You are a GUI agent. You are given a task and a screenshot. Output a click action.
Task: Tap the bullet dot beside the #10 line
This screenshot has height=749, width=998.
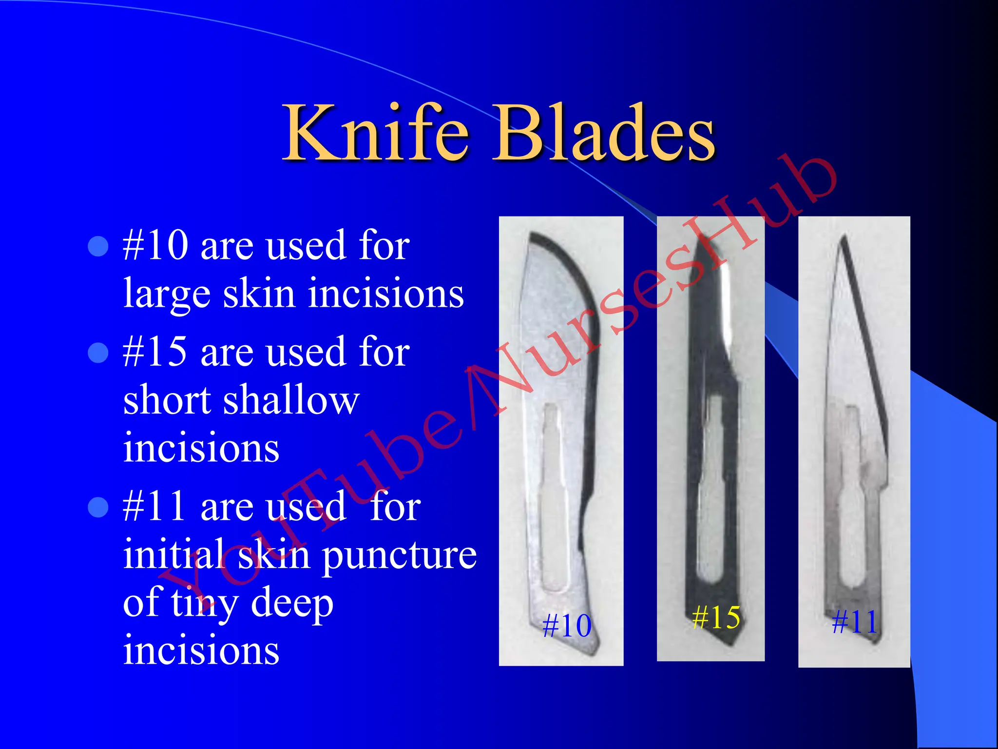tap(98, 247)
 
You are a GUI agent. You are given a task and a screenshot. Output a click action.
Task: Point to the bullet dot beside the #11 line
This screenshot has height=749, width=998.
tap(98, 507)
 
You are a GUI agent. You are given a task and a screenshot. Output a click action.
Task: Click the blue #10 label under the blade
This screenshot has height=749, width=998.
tap(567, 626)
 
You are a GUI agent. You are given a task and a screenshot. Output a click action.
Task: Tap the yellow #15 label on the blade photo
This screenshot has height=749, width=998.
tap(716, 617)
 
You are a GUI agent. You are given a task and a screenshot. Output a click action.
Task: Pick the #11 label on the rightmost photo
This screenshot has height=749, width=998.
tap(854, 622)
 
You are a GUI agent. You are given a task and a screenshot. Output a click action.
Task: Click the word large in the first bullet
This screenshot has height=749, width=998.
tap(167, 295)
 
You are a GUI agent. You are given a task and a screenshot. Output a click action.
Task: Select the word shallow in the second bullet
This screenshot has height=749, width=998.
tap(291, 400)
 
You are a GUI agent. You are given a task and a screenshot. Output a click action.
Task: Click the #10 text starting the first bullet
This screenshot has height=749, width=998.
tap(155, 245)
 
